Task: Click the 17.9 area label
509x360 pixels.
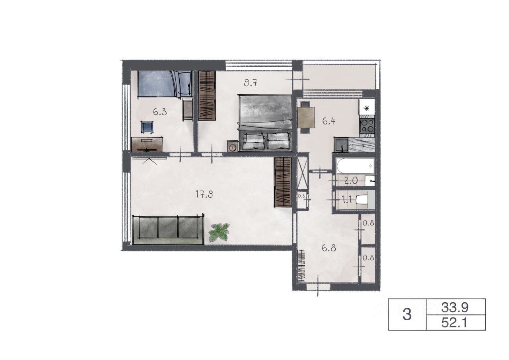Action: [204, 195]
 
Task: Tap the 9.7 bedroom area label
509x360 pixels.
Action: [251, 83]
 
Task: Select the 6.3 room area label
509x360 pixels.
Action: [160, 112]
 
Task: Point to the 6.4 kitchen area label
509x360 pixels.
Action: [328, 122]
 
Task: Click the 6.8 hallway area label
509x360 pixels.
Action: [329, 248]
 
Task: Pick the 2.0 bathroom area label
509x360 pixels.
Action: [351, 181]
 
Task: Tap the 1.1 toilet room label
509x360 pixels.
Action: [347, 200]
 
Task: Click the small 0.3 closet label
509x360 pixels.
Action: [301, 196]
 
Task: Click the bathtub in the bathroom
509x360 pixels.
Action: [355, 166]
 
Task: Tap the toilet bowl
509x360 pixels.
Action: [362, 200]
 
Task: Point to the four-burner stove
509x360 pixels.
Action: [367, 125]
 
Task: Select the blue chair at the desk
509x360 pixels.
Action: [147, 128]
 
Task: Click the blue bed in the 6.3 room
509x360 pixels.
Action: [165, 84]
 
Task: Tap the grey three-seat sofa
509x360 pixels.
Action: [168, 230]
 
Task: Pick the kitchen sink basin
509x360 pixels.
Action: [341, 144]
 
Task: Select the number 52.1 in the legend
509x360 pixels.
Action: [454, 323]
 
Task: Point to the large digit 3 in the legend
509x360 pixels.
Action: [407, 315]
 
